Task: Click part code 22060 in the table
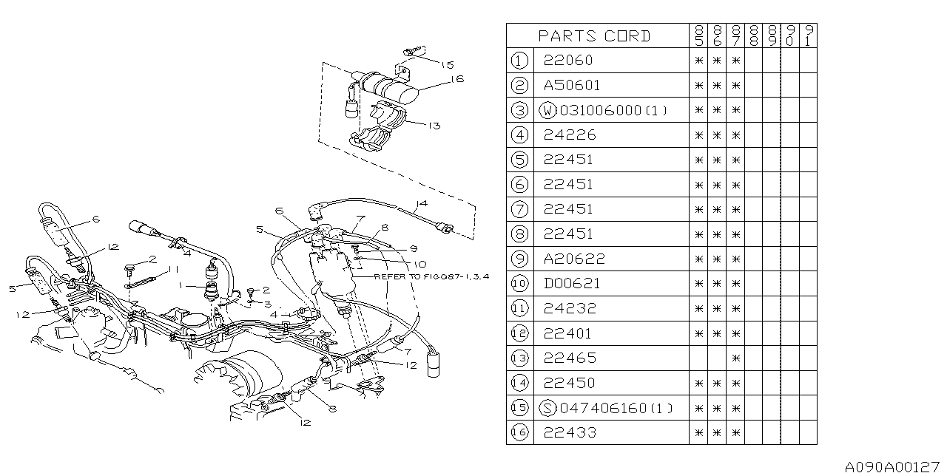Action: pyautogui.click(x=568, y=61)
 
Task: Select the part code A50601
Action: pyautogui.click(x=572, y=85)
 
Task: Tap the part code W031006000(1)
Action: pyautogui.click(x=604, y=110)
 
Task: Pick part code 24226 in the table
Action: pyautogui.click(x=568, y=135)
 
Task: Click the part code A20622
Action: pyautogui.click(x=573, y=259)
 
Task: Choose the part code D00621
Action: pyautogui.click(x=572, y=283)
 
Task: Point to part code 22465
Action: pyautogui.click(x=568, y=358)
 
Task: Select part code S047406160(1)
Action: pyautogui.click(x=605, y=408)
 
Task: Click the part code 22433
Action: pyautogui.click(x=568, y=432)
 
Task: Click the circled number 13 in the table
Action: pyautogui.click(x=519, y=358)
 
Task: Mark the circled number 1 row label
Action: pyautogui.click(x=519, y=61)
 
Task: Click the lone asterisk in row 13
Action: pyautogui.click(x=735, y=358)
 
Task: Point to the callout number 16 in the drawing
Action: pyautogui.click(x=457, y=78)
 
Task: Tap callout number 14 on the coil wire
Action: pyautogui.click(x=422, y=203)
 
